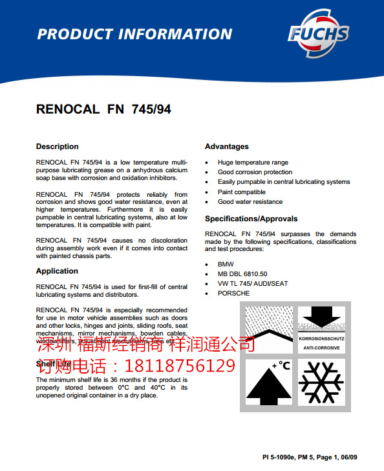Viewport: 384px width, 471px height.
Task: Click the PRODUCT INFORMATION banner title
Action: click(x=134, y=34)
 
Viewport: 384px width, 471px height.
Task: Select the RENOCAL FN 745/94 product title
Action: click(x=103, y=110)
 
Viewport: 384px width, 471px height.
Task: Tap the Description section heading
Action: click(x=57, y=146)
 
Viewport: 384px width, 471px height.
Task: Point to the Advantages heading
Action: click(x=226, y=146)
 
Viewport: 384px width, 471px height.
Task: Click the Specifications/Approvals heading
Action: click(x=251, y=219)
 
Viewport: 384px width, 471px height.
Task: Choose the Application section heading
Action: click(x=57, y=271)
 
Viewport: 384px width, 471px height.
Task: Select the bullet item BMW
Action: click(x=226, y=264)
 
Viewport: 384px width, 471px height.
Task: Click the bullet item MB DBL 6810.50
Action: click(x=242, y=274)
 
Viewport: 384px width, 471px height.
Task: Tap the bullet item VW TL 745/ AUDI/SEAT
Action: click(x=253, y=283)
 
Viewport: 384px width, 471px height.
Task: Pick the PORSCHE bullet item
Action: click(x=233, y=293)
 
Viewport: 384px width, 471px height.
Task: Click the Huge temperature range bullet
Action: click(x=253, y=163)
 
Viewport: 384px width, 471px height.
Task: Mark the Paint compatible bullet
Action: click(x=242, y=192)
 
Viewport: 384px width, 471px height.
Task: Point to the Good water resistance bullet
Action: click(x=250, y=202)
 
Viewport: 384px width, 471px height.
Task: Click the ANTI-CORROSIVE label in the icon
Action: click(x=321, y=348)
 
